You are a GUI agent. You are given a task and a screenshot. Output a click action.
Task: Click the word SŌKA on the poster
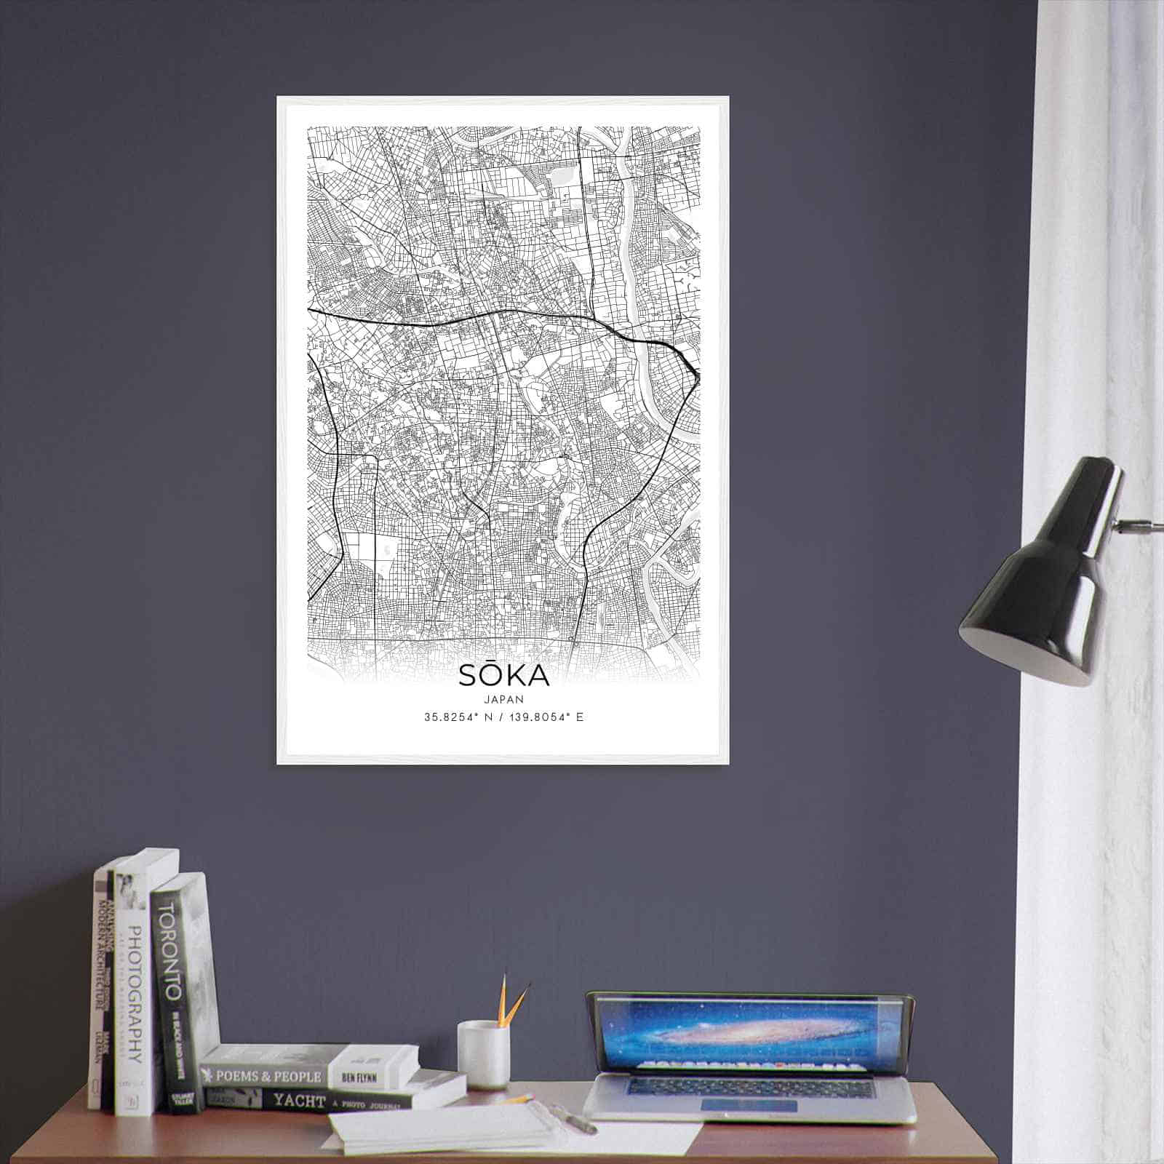503,676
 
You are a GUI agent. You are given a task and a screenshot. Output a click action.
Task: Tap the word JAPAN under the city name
503,698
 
